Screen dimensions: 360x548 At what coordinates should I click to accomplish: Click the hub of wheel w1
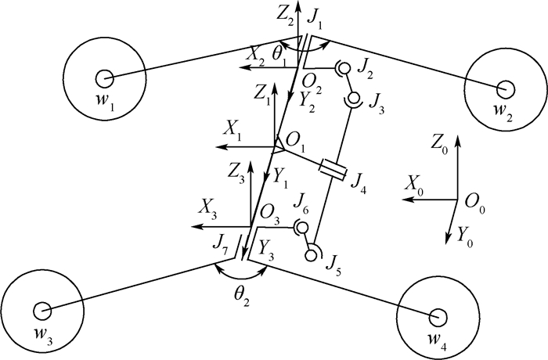(103, 77)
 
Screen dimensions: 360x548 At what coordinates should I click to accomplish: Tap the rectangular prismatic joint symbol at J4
(333, 168)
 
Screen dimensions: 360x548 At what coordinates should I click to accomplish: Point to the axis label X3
(208, 207)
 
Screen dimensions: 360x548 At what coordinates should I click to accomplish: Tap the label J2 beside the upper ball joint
(365, 73)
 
